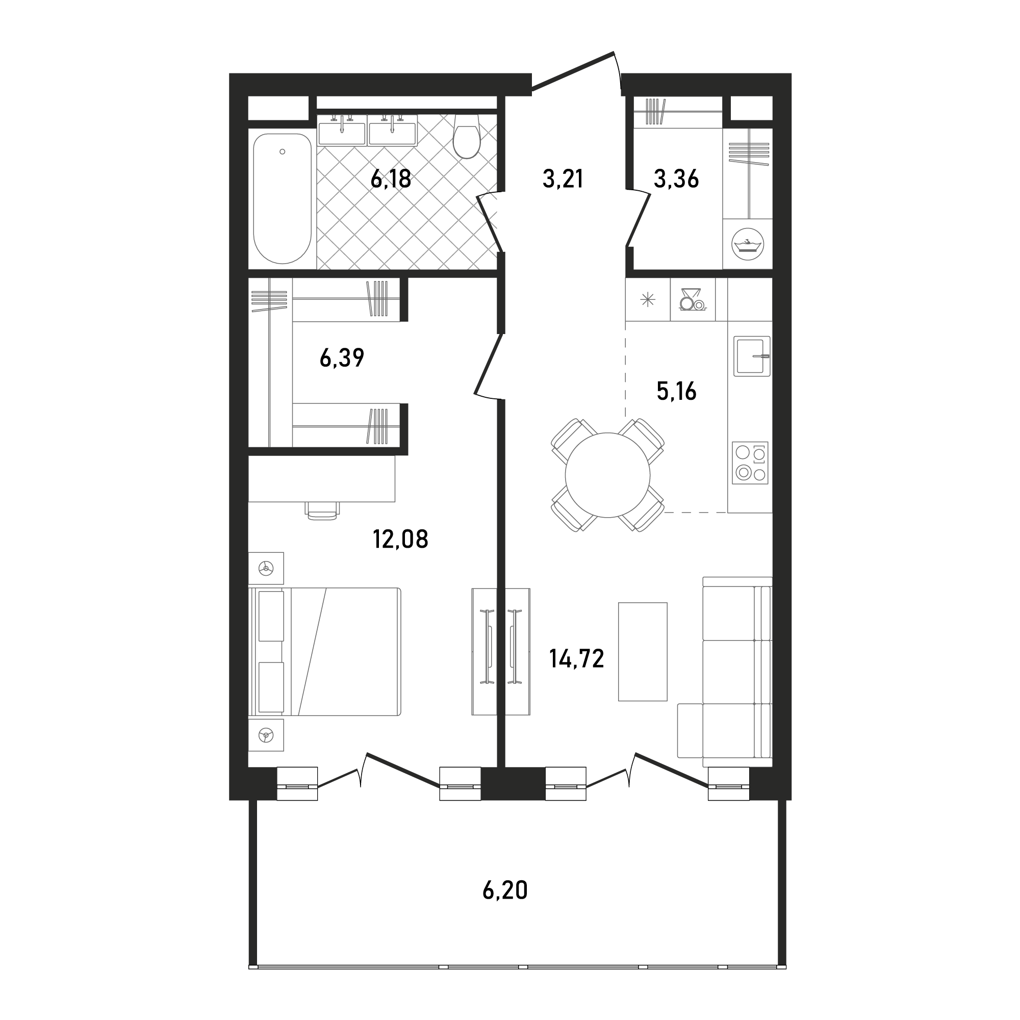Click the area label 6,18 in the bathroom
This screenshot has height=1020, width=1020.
pyautogui.click(x=391, y=180)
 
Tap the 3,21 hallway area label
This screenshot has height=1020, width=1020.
pyautogui.click(x=563, y=180)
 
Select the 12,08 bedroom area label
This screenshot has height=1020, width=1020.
pyautogui.click(x=400, y=539)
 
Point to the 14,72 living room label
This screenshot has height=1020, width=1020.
pyautogui.click(x=576, y=658)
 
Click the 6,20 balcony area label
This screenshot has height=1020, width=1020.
pyautogui.click(x=505, y=890)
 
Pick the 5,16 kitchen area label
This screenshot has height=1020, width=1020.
pyautogui.click(x=676, y=391)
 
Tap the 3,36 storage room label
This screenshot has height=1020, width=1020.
pyautogui.click(x=676, y=180)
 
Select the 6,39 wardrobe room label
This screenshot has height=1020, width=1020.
pyautogui.click(x=342, y=358)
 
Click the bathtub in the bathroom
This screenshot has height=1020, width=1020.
pyautogui.click(x=282, y=198)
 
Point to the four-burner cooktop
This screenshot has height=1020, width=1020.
pyautogui.click(x=750, y=463)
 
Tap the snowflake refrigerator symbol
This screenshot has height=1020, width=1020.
pyautogui.click(x=647, y=300)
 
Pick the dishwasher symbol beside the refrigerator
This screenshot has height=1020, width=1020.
pyautogui.click(x=693, y=300)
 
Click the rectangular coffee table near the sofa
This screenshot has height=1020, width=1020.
pyautogui.click(x=643, y=651)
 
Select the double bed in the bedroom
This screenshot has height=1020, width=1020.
pyautogui.click(x=325, y=651)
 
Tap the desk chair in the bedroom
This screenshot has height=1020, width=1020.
pyautogui.click(x=322, y=511)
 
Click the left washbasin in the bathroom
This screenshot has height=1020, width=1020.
pyautogui.click(x=342, y=131)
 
